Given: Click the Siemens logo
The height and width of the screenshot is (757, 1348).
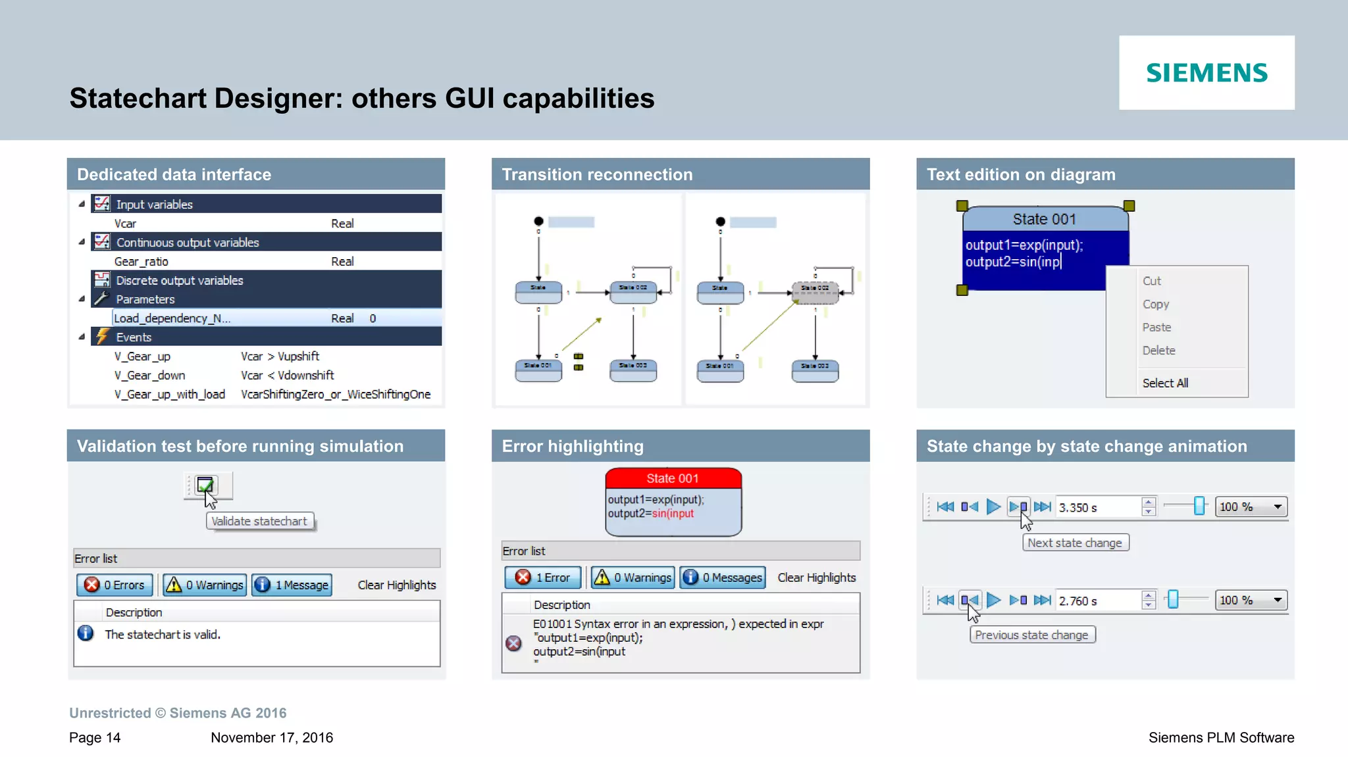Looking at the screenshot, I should (x=1206, y=72).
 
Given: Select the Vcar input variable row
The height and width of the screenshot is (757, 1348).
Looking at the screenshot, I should (x=125, y=224).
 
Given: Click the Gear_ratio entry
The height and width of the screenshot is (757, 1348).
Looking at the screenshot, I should (x=142, y=262).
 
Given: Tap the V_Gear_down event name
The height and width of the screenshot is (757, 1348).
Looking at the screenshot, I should (x=149, y=376).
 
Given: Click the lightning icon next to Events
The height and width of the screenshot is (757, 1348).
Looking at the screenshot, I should (x=102, y=337).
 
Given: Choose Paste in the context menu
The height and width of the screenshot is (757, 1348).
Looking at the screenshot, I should (x=1156, y=328).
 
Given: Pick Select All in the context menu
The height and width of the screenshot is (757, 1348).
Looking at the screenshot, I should (x=1165, y=383).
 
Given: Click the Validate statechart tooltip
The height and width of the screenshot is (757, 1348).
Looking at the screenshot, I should (x=259, y=522).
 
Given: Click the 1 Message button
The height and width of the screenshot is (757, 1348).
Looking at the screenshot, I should (x=292, y=585).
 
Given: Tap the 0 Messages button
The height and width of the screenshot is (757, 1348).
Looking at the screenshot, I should (x=723, y=577).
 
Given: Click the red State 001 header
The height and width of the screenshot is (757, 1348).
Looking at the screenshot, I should (x=673, y=478).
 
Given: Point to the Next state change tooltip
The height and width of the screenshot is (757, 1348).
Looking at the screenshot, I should (x=1075, y=543).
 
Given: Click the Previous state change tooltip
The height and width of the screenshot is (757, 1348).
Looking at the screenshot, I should (x=1031, y=635).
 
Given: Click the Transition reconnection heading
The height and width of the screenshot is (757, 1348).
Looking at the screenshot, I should (x=597, y=175).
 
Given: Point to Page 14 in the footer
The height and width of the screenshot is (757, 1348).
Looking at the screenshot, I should (x=95, y=738).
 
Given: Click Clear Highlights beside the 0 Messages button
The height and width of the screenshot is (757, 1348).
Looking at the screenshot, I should (x=817, y=577).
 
